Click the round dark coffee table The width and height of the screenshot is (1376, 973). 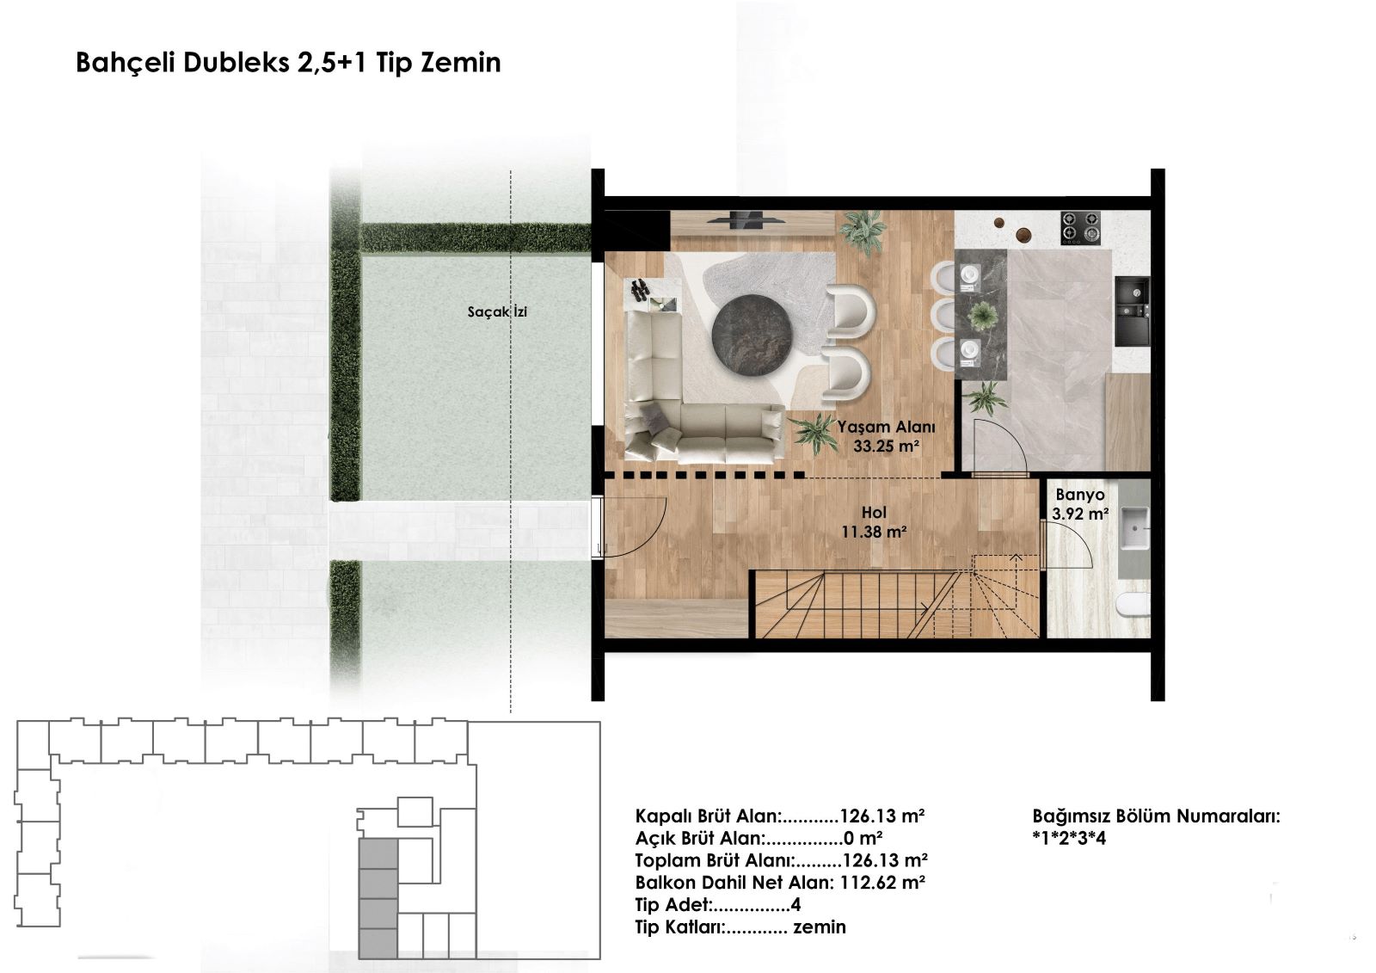pyautogui.click(x=752, y=335)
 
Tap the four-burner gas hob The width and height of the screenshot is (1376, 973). pyautogui.click(x=1080, y=227)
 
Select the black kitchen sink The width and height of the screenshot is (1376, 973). pyautogui.click(x=1132, y=311)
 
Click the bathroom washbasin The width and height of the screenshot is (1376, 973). pyautogui.click(x=1134, y=527)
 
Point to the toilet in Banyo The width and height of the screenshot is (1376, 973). pyautogui.click(x=1133, y=604)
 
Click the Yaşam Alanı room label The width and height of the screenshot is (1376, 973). pyautogui.click(x=887, y=427)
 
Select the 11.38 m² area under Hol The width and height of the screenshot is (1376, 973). pyautogui.click(x=874, y=532)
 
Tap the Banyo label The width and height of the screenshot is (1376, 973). pyautogui.click(x=1080, y=495)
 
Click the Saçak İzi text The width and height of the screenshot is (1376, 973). pyautogui.click(x=497, y=311)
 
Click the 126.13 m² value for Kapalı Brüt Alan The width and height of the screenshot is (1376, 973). pyautogui.click(x=882, y=816)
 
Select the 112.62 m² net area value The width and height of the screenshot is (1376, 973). pyautogui.click(x=882, y=882)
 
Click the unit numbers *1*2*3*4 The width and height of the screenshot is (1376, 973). pyautogui.click(x=1069, y=838)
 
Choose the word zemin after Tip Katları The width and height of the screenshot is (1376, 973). pyautogui.click(x=820, y=927)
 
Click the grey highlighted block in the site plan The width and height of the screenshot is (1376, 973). pyautogui.click(x=378, y=899)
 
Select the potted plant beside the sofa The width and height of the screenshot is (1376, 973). pyautogui.click(x=814, y=432)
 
